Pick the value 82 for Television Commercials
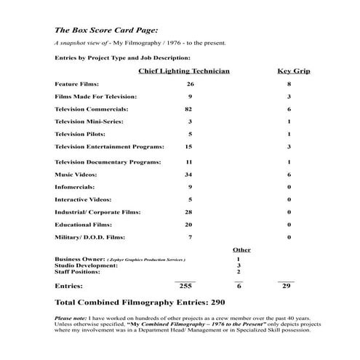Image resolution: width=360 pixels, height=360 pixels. click(x=188, y=108)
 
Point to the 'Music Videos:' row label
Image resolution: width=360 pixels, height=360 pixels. click(x=76, y=175)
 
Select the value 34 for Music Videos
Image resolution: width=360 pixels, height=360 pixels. click(x=188, y=175)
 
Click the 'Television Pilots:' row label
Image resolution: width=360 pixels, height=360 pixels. click(x=79, y=135)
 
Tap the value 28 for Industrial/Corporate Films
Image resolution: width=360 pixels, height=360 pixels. click(x=188, y=212)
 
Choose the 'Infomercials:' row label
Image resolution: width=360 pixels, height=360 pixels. click(x=74, y=187)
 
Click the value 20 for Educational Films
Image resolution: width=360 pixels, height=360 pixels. click(x=188, y=224)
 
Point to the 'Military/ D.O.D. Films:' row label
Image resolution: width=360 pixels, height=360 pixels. click(x=86, y=237)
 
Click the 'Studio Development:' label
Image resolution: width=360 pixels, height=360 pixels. click(x=87, y=265)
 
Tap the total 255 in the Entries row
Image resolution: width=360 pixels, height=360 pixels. click(x=185, y=287)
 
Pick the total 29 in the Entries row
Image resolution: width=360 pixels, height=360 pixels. click(x=286, y=287)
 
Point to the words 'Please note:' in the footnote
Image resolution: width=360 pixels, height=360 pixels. click(x=71, y=319)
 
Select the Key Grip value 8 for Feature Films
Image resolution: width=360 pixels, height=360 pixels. click(x=289, y=84)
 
